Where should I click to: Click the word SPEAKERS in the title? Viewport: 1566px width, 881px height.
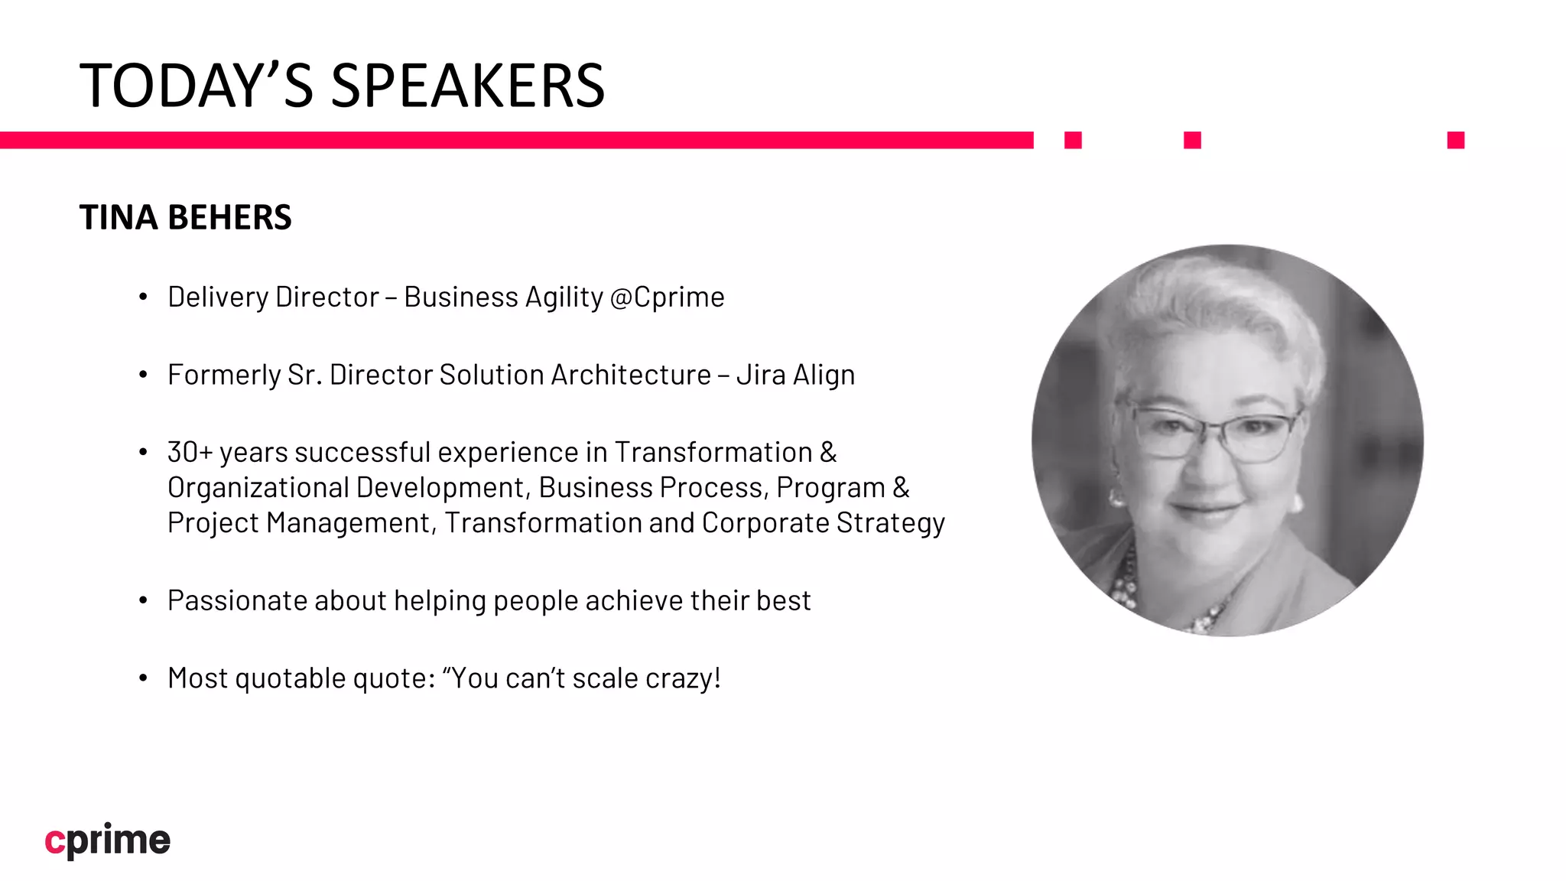click(x=468, y=86)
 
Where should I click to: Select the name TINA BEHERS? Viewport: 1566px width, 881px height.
click(x=185, y=217)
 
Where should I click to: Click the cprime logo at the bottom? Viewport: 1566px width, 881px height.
click(x=108, y=840)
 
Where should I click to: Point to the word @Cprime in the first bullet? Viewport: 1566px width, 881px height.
click(x=668, y=297)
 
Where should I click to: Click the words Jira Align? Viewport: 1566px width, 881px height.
click(x=795, y=375)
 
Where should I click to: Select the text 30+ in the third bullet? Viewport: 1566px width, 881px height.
click(x=189, y=452)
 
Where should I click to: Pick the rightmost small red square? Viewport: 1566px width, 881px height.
click(x=1455, y=140)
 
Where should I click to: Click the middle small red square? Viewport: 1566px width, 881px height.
click(x=1192, y=140)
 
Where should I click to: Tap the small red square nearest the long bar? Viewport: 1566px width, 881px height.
click(x=1073, y=140)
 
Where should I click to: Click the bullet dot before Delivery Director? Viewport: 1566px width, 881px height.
click(x=143, y=297)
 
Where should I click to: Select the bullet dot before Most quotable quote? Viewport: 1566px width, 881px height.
click(x=143, y=678)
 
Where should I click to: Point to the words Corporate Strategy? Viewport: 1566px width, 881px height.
click(x=823, y=523)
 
